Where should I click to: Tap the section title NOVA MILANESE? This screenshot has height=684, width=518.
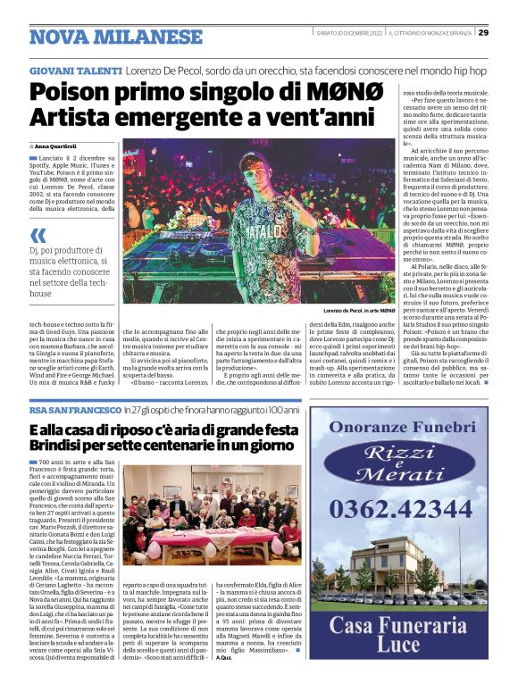coord(116,37)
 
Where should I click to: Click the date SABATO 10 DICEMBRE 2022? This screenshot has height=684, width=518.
coord(350,33)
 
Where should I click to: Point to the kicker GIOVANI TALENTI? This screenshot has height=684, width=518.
coord(75,70)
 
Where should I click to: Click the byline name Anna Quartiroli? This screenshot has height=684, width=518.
coord(55,146)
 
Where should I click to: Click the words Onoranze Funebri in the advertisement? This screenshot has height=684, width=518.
coord(393,427)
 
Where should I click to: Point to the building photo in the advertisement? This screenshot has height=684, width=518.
coord(393,558)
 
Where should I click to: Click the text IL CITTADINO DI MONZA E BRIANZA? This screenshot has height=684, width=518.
coord(431,33)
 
